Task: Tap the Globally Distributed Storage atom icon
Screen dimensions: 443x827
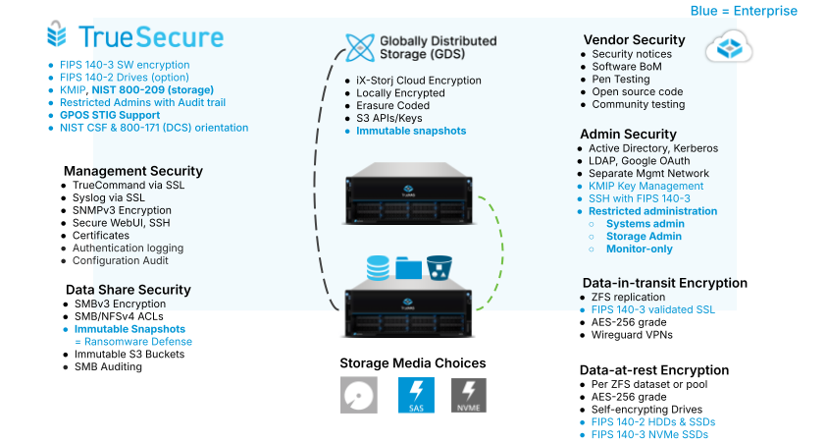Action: tap(359, 47)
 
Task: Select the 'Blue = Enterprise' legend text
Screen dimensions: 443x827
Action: tap(744, 11)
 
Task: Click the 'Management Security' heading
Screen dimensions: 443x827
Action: tap(133, 171)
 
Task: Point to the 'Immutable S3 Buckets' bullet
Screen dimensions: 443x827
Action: tap(123, 354)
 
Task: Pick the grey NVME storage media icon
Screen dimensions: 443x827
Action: tap(469, 395)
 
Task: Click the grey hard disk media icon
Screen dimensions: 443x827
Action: tap(358, 395)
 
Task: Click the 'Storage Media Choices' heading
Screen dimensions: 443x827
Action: tap(412, 363)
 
